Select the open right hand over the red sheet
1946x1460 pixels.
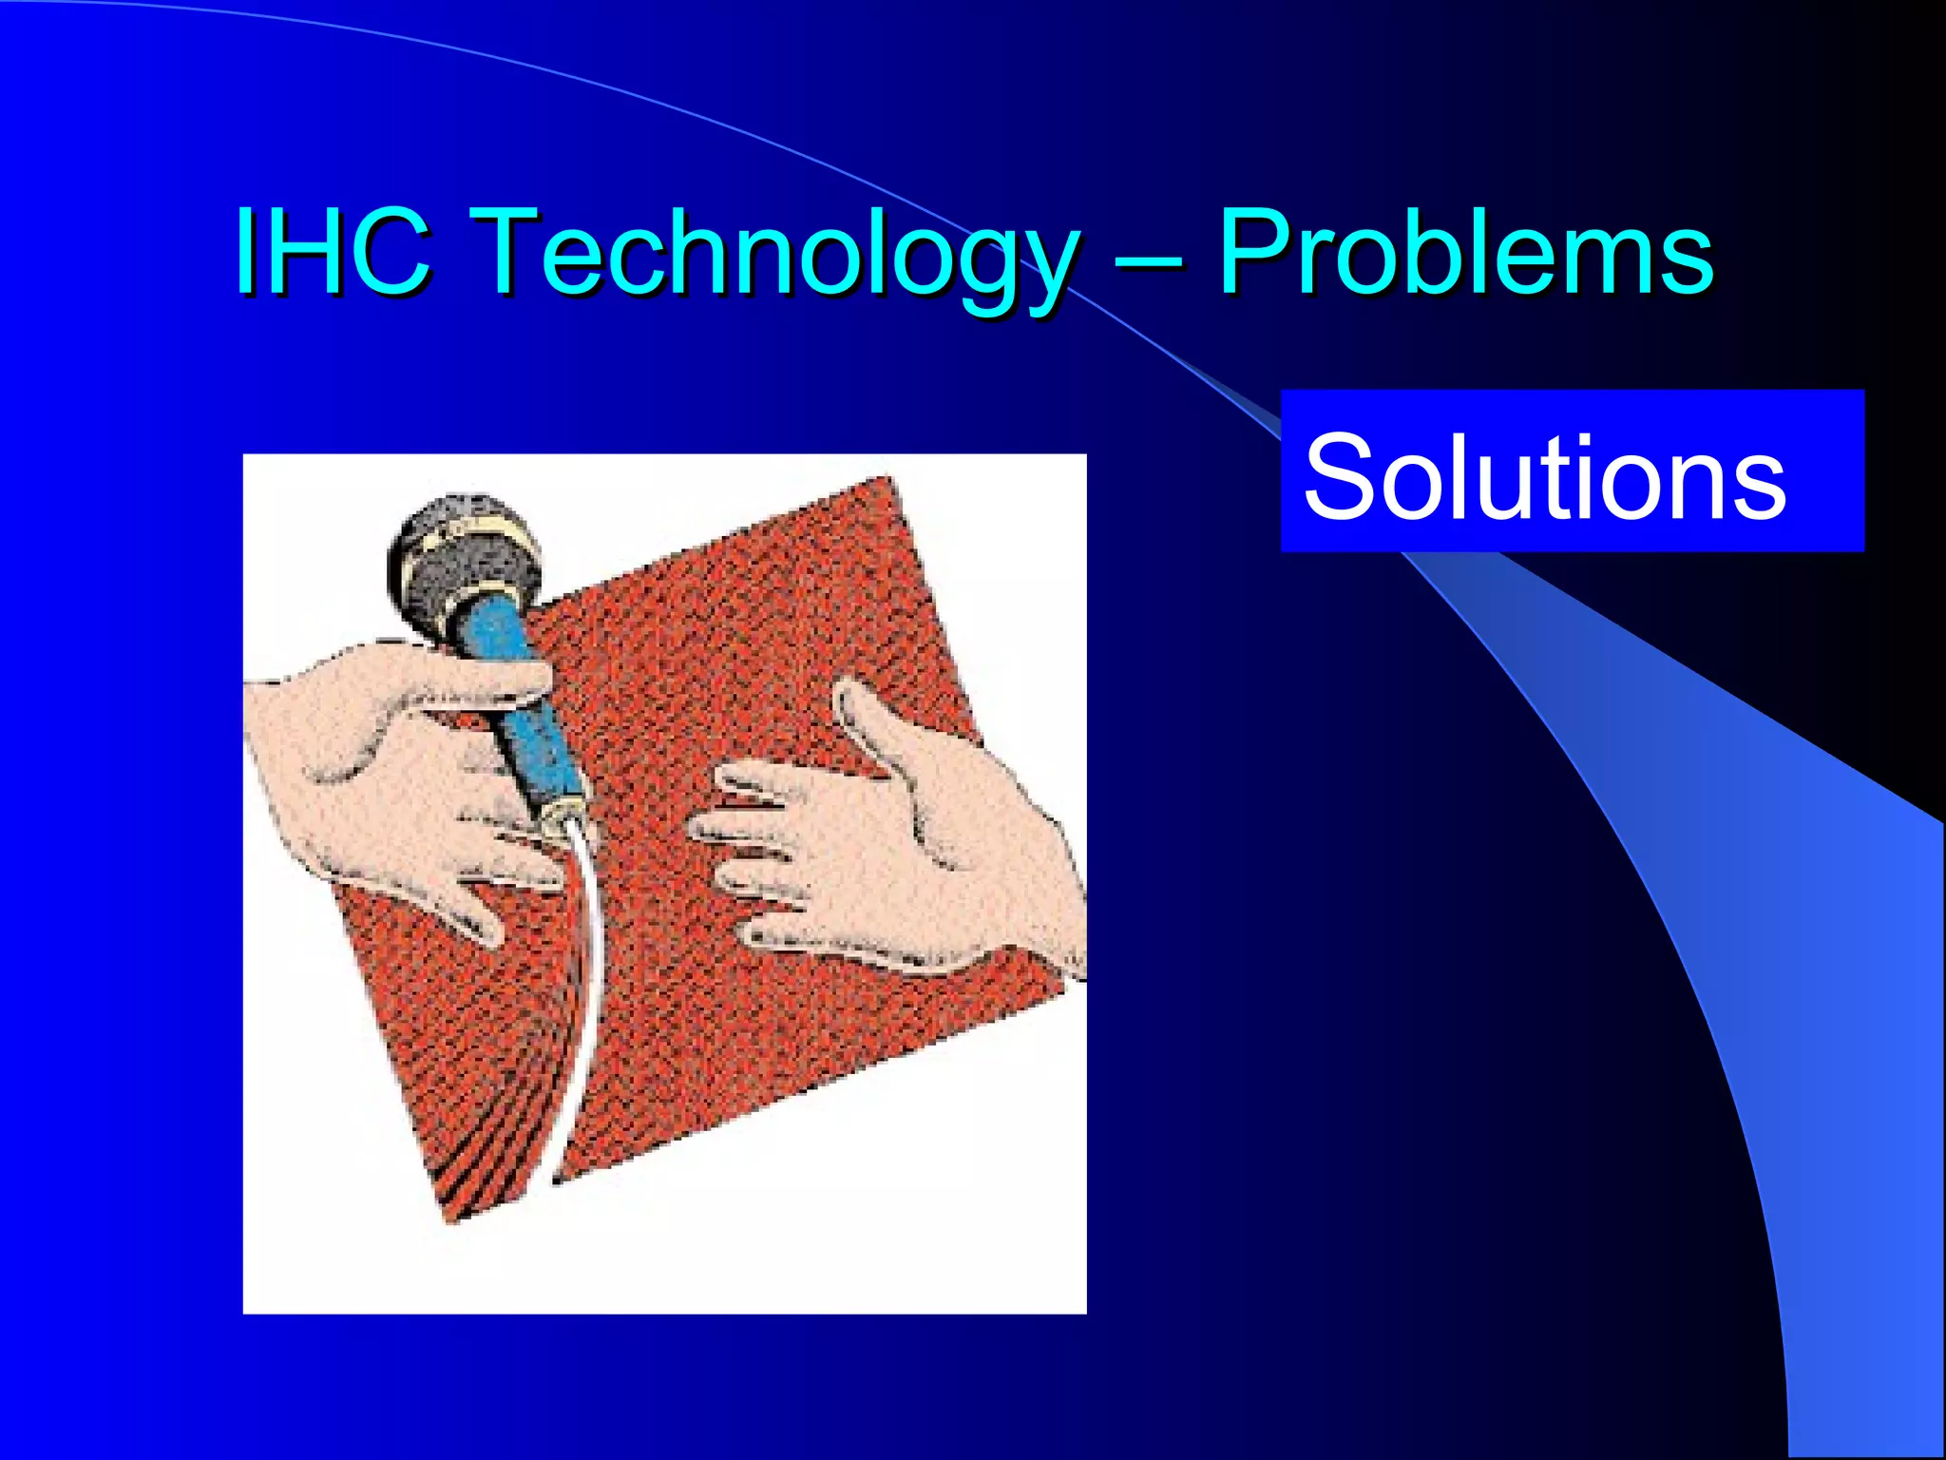(903, 836)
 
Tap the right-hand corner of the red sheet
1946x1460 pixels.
(1069, 989)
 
